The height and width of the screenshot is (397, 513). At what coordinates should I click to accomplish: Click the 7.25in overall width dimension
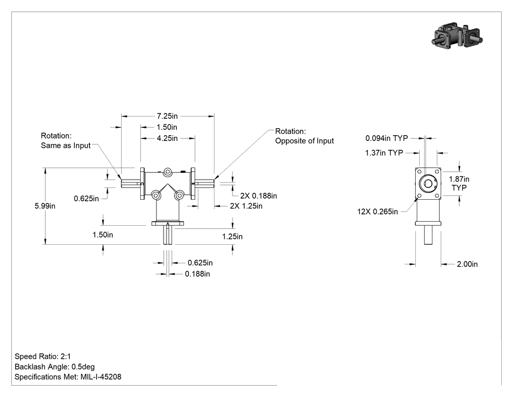[167, 116]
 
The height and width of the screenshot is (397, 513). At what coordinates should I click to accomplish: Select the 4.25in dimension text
[167, 139]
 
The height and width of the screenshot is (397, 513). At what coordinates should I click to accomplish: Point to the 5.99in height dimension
[45, 206]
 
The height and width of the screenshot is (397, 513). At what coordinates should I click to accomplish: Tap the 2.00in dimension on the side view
[467, 264]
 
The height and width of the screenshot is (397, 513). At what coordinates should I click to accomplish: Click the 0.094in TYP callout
[387, 139]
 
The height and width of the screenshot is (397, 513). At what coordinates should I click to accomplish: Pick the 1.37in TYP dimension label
[384, 153]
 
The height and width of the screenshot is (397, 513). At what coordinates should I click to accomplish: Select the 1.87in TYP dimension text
[459, 183]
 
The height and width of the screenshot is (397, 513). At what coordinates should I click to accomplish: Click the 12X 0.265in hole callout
[378, 212]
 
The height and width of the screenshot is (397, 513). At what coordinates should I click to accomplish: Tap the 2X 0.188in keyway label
[258, 196]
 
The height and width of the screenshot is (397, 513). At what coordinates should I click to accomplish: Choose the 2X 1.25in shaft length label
[246, 206]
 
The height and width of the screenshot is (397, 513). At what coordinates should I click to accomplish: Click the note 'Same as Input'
[65, 145]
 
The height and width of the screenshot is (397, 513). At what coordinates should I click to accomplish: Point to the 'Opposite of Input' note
[304, 141]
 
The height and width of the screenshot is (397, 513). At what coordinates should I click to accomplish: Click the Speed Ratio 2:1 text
[43, 356]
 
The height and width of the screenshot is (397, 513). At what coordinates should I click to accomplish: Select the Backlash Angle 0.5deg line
[55, 367]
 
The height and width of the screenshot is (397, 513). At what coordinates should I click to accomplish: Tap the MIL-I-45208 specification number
[101, 377]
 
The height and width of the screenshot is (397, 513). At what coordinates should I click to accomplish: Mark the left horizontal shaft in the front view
[131, 184]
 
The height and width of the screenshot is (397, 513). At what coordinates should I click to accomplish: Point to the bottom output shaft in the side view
[428, 235]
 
